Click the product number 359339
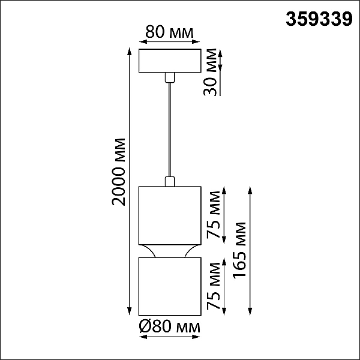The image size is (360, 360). click(319, 19)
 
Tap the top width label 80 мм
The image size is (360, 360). click(169, 32)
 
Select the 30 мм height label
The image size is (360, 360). click(210, 72)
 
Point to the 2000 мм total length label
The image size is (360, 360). click(119, 172)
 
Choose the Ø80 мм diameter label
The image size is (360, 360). click(170, 327)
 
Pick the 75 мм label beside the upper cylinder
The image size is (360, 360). click(213, 215)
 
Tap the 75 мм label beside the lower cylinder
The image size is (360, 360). click(213, 286)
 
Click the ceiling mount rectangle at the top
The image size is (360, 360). click(170, 61)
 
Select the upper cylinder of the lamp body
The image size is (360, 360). click(170, 215)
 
